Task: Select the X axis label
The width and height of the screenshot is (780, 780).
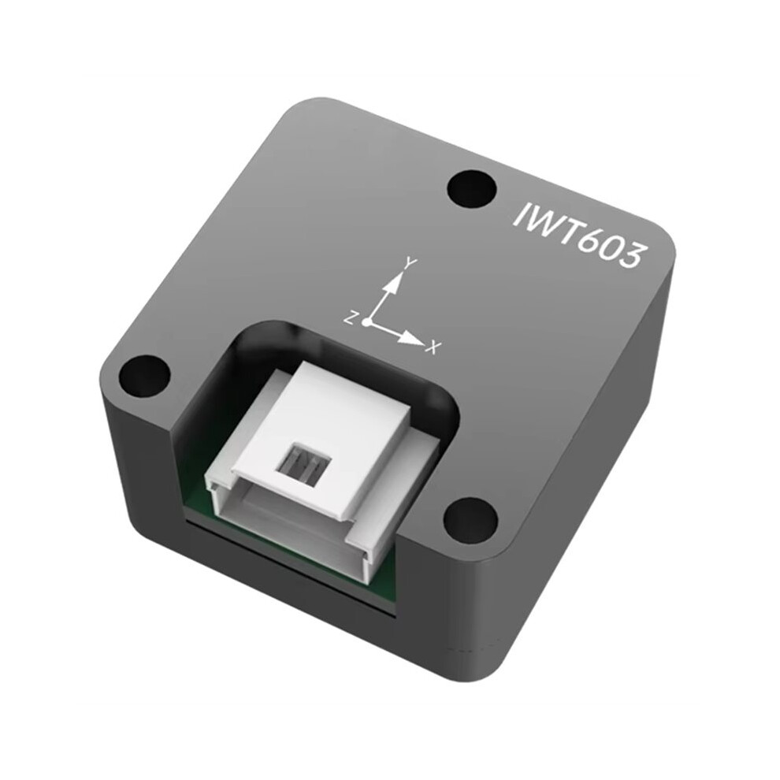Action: (434, 347)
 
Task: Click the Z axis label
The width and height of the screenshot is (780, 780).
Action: (350, 318)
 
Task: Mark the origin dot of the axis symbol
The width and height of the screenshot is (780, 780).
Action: (366, 323)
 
